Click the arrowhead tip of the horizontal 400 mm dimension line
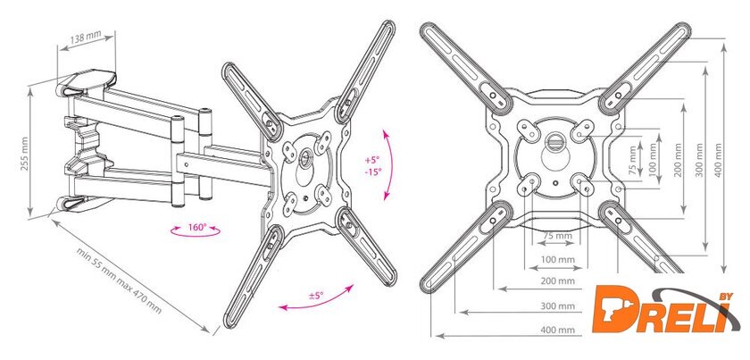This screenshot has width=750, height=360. point(437,337)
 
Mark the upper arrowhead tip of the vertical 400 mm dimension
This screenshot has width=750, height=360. point(724,44)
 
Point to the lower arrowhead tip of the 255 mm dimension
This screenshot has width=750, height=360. point(31,216)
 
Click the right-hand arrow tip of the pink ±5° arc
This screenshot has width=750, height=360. point(354,285)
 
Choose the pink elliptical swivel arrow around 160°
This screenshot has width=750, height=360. point(196,230)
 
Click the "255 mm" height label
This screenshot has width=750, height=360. point(24,154)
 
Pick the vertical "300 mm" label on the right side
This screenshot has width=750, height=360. point(700,160)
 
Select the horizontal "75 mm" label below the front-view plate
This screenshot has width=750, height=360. point(557,236)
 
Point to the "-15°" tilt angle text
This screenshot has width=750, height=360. point(373,172)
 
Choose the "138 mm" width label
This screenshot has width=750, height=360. point(86,38)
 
